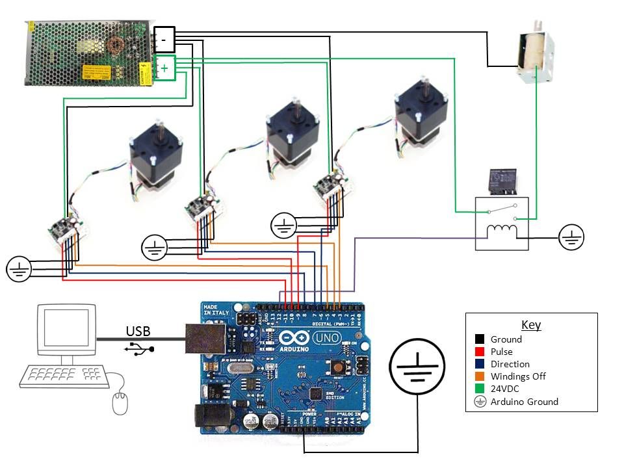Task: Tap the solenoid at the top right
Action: tap(536, 55)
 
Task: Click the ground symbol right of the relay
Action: tap(571, 237)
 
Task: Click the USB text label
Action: tap(138, 331)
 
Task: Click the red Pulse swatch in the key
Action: tap(480, 352)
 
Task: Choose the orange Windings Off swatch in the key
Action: tap(480, 376)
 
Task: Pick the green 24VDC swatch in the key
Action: tap(480, 389)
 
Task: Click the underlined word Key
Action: tap(531, 325)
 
